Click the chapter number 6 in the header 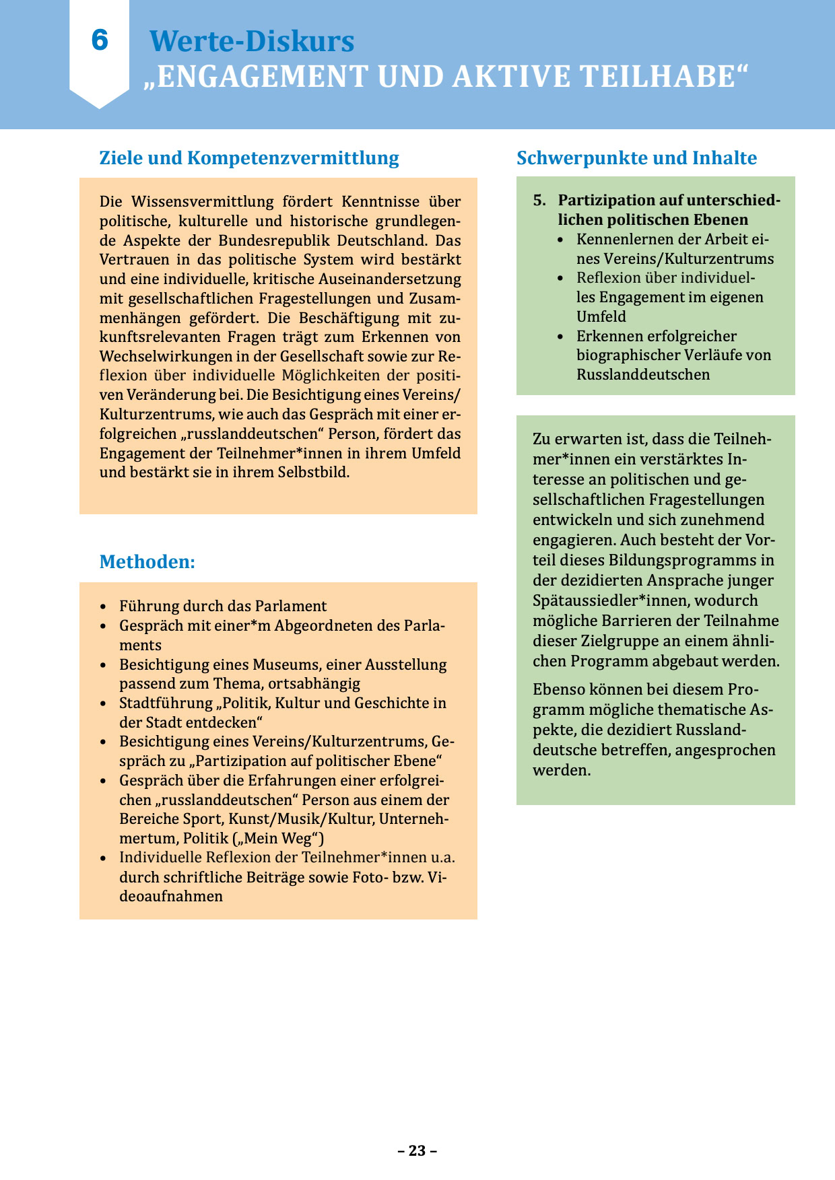tap(100, 40)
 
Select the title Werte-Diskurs tap(251, 41)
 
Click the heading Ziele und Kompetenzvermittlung tap(249, 158)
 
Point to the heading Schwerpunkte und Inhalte tap(636, 158)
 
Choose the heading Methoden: tap(147, 562)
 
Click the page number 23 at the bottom tap(417, 1150)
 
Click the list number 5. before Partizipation tap(539, 200)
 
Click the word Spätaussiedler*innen tap(611, 600)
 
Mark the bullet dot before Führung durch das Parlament tap(103, 606)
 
